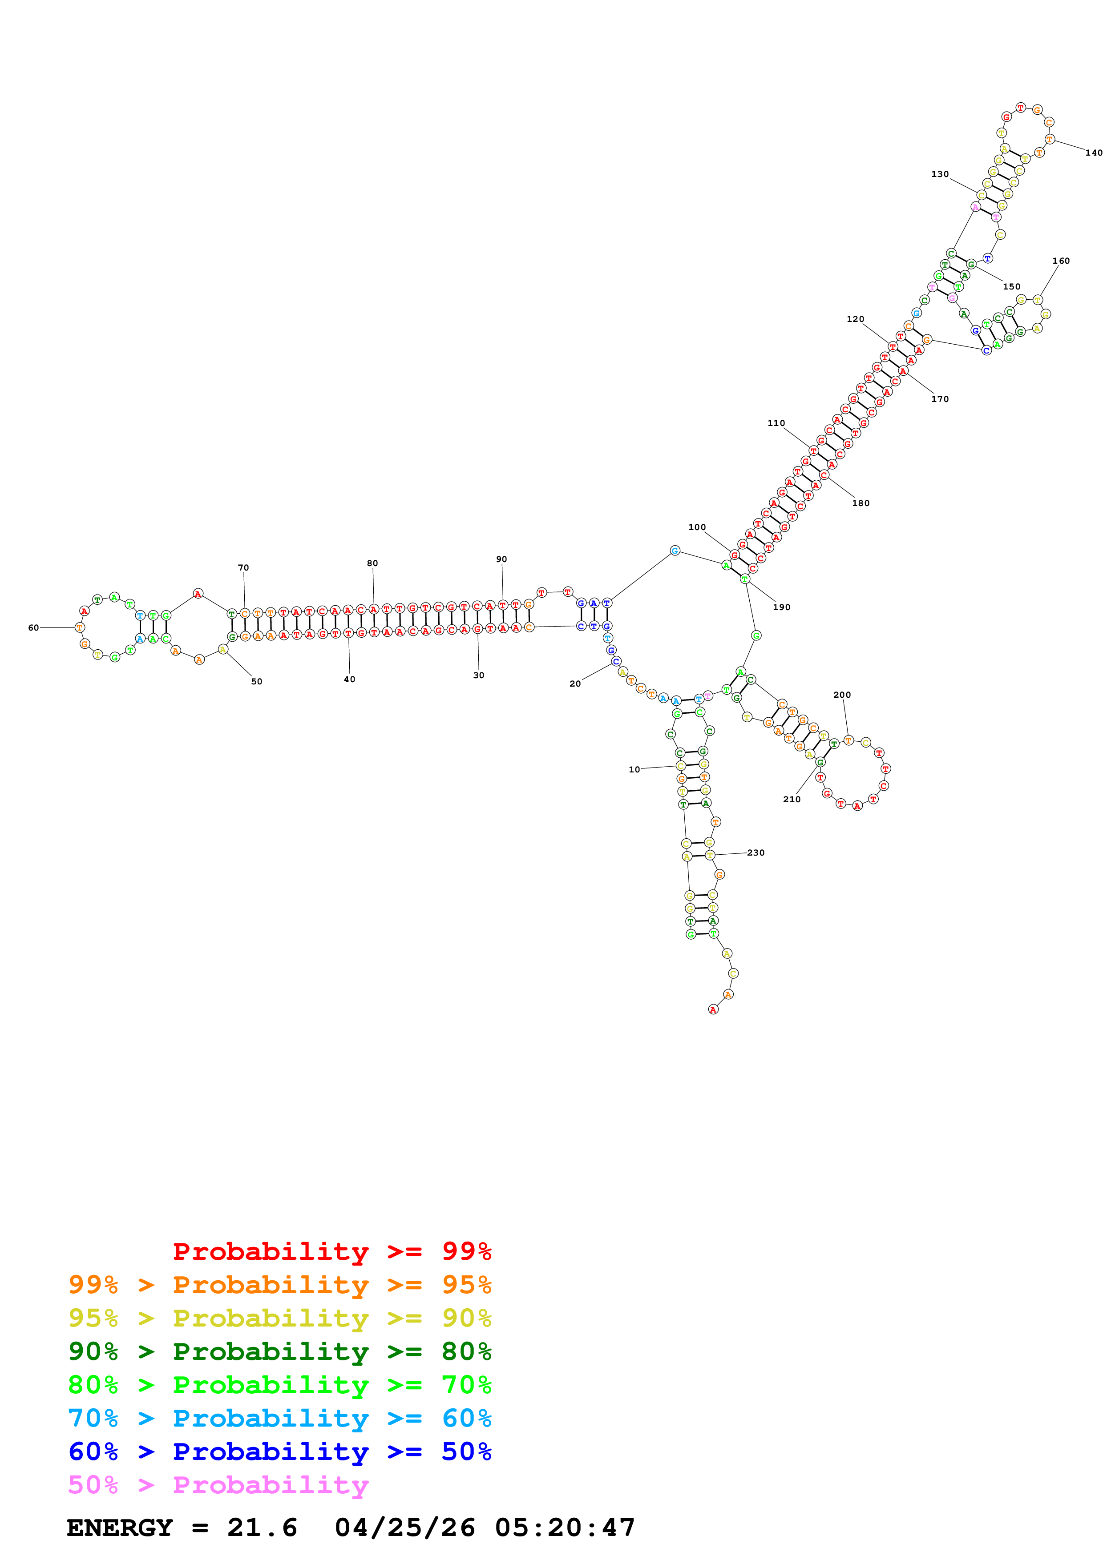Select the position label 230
pos(756,852)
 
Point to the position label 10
pos(634,770)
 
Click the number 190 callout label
pos(782,607)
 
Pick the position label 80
pos(372,563)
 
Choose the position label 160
pos(1061,261)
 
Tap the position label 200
pos(842,695)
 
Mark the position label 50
pos(257,681)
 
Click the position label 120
pos(856,319)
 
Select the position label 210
pos(792,800)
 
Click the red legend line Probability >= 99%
pos(331,1251)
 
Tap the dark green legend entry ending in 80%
pos(279,1351)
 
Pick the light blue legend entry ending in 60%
pos(279,1418)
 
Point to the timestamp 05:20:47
pos(564,1528)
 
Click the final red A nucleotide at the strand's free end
pos(713,1009)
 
